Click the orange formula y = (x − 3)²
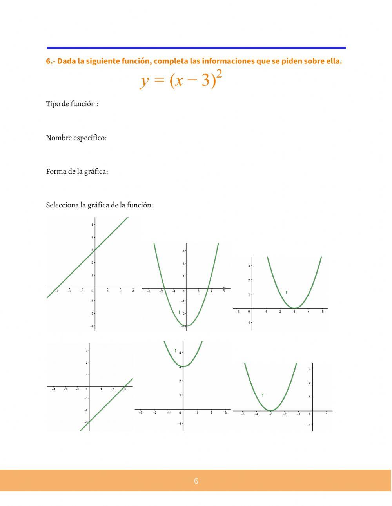pos(181,80)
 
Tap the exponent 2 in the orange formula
pos(219,74)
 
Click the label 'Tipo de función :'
pos(72,104)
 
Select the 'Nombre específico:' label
pos(76,138)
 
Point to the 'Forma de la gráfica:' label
pos(77,171)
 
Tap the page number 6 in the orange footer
pos(196,481)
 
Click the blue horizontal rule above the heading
pos(196,48)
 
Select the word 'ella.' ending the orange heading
pos(334,61)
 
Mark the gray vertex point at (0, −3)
pos(186,326)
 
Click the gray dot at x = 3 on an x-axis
pos(224,288)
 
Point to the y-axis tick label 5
pos(92,225)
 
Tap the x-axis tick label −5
pos(242,414)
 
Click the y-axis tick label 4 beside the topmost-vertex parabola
pos(180,353)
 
